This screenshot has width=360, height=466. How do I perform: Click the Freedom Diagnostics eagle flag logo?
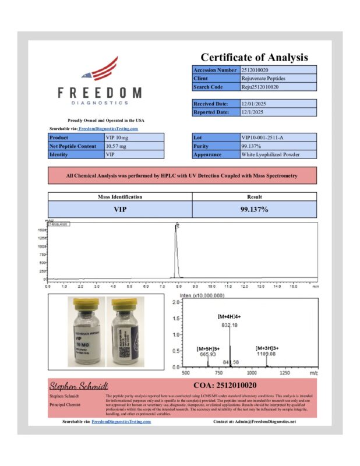[x=100, y=70]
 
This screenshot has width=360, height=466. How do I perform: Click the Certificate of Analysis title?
[x=255, y=57]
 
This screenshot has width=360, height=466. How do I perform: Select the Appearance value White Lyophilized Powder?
[x=271, y=155]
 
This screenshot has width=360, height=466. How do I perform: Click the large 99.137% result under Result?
[x=254, y=209]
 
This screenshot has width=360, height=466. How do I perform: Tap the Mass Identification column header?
[x=119, y=197]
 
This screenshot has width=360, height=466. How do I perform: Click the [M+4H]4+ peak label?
[x=230, y=316]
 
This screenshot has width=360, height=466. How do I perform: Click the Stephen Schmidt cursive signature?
[x=70, y=386]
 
